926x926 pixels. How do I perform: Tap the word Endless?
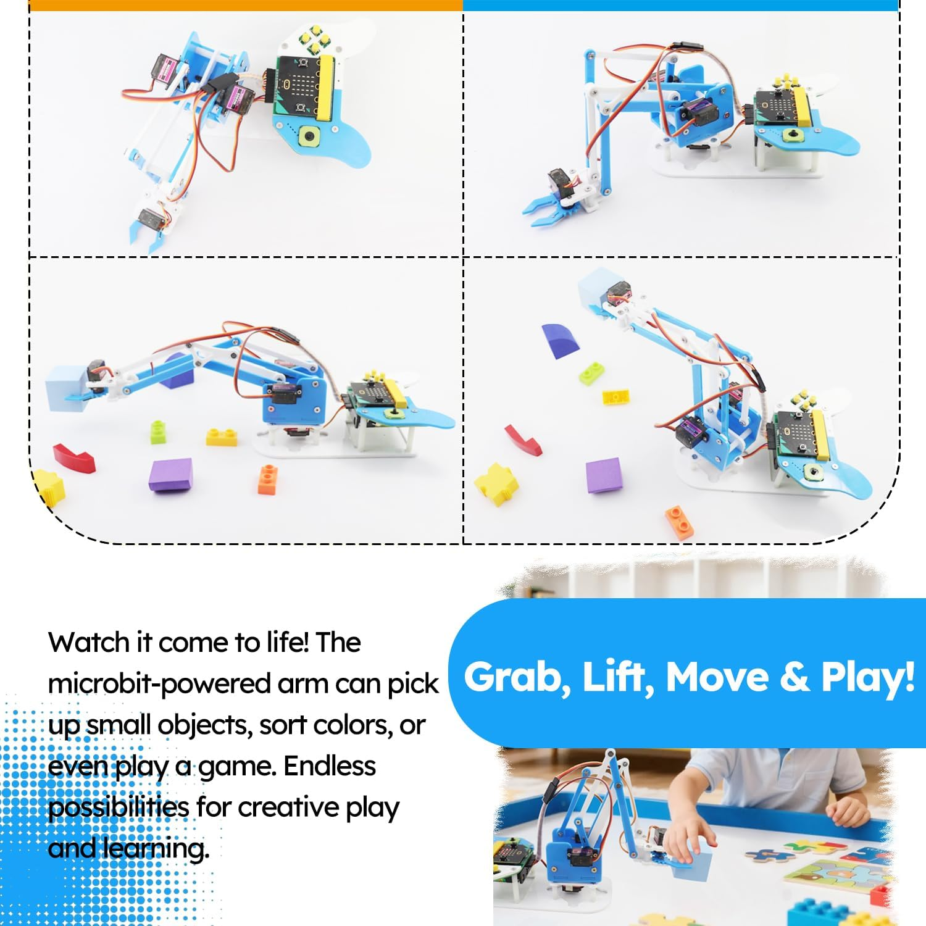coord(329,766)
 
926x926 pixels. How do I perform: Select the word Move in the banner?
coord(717,677)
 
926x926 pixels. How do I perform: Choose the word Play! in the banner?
coord(867,678)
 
